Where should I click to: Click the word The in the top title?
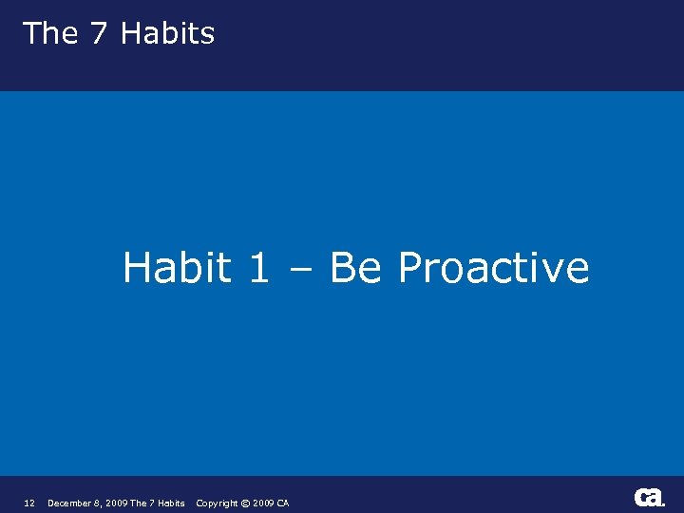(x=50, y=33)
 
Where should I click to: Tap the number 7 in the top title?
(x=99, y=33)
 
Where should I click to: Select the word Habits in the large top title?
(x=168, y=33)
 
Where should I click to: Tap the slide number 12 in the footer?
(x=28, y=503)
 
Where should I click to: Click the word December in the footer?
(x=70, y=503)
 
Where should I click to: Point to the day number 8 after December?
(x=98, y=503)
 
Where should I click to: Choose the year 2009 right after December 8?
(x=116, y=503)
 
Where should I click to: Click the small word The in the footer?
(x=138, y=503)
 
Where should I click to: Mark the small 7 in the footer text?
(x=151, y=503)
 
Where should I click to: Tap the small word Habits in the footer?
(x=171, y=503)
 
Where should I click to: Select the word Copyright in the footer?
(x=217, y=503)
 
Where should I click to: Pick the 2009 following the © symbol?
(x=263, y=503)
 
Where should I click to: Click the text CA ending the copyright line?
(x=283, y=503)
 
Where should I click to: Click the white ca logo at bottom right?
(x=649, y=498)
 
